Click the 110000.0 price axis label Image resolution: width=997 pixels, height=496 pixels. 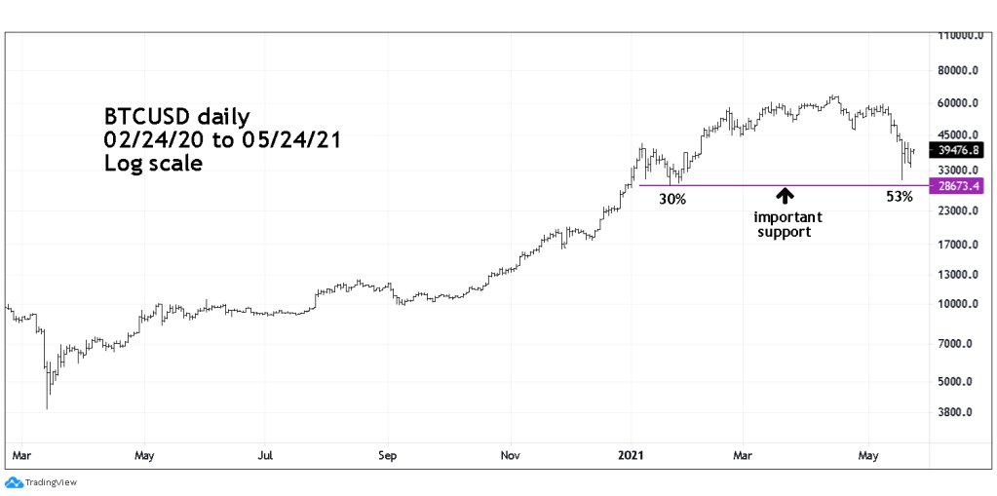click(x=959, y=36)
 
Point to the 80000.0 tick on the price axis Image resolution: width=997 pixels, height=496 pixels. click(x=959, y=71)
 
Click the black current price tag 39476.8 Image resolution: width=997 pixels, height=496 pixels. click(x=959, y=150)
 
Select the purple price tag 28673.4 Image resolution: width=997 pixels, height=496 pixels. click(x=959, y=185)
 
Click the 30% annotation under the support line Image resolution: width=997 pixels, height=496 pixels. click(x=672, y=199)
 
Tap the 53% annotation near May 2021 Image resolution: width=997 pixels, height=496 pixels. click(x=899, y=197)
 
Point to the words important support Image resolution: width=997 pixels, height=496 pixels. click(x=787, y=224)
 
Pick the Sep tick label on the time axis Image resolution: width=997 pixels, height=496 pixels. click(x=388, y=455)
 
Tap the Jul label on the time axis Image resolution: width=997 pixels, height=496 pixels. click(x=265, y=455)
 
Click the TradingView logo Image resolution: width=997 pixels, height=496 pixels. click(x=41, y=482)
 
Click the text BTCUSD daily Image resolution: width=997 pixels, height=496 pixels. click(x=177, y=118)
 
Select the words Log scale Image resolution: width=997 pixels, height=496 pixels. click(x=153, y=164)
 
